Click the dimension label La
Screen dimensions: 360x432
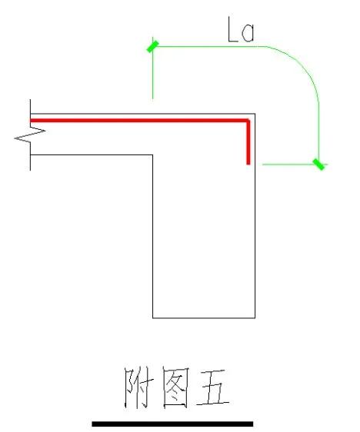pos(241,29)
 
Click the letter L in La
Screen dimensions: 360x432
pos(232,29)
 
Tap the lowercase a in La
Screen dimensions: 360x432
pos(248,33)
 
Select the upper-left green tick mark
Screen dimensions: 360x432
pos(153,47)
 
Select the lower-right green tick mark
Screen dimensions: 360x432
pos(318,164)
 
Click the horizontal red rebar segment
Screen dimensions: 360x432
pos(139,121)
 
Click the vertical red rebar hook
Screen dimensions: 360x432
pos(248,142)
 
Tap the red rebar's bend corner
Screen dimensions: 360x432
pos(248,121)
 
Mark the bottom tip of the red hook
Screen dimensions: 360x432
pos(248,164)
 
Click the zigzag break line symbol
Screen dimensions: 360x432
pos(30,135)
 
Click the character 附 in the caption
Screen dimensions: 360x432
pos(137,387)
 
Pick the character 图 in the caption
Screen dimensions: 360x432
pos(175,387)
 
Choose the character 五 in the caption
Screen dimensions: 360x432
pos(213,387)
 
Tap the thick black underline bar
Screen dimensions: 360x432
pos(172,424)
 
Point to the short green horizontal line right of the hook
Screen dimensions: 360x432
pos(295,164)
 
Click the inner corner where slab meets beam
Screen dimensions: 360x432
pos(153,155)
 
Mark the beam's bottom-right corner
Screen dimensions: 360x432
pos(255,318)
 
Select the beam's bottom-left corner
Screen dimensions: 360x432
pos(153,318)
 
